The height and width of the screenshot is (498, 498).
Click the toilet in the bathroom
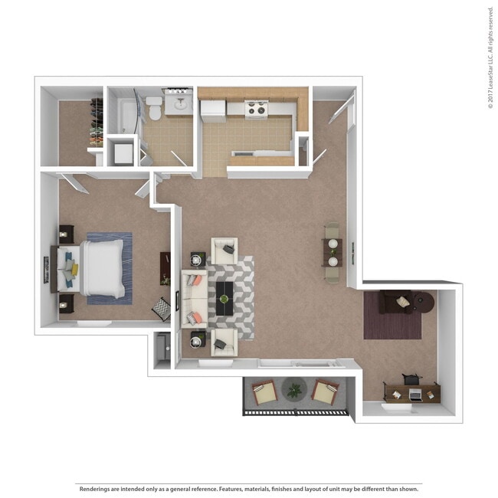pyautogui.click(x=154, y=108)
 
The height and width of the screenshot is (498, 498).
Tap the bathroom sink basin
pyautogui.click(x=181, y=103)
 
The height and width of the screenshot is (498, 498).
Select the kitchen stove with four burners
pyautogui.click(x=257, y=109)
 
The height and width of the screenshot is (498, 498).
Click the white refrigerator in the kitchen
pyautogui.click(x=213, y=111)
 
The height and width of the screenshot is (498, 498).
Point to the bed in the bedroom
pyautogui.click(x=90, y=268)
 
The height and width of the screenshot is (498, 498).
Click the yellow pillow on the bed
pyautogui.click(x=74, y=270)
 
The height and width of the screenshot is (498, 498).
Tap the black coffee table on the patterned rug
pyautogui.click(x=224, y=299)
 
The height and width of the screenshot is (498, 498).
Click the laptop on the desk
pyautogui.click(x=415, y=394)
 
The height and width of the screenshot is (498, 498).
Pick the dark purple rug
pyautogui.click(x=392, y=316)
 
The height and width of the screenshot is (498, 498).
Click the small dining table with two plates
pyautogui.click(x=333, y=253)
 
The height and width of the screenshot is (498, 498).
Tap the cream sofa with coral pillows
pyautogui.click(x=195, y=299)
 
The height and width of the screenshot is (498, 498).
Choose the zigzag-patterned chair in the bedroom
pyautogui.click(x=162, y=309)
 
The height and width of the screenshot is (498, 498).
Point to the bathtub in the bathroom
pyautogui.click(x=128, y=115)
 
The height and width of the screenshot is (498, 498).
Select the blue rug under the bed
pyautogui.click(x=110, y=268)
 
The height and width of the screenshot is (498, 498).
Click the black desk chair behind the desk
pyautogui.click(x=411, y=379)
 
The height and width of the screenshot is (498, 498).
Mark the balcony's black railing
pyautogui.click(x=296, y=413)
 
